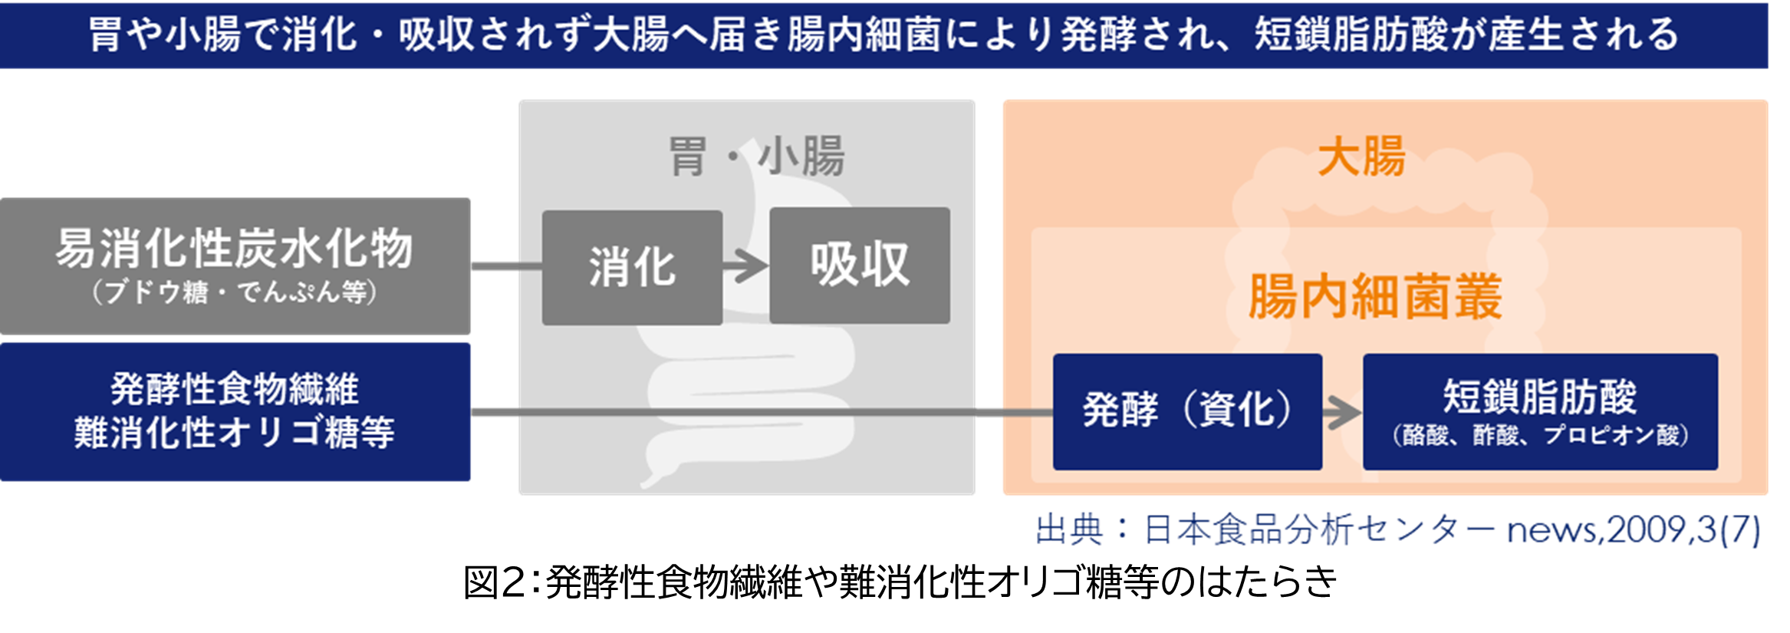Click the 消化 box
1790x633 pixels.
[x=632, y=267]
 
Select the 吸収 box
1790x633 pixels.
[x=859, y=265]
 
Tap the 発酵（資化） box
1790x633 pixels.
[x=1186, y=411]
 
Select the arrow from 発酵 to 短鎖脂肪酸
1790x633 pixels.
[x=1342, y=413]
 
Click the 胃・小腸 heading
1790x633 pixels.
[x=756, y=157]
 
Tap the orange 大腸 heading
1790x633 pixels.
[x=1361, y=157]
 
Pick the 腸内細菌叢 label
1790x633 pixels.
[x=1374, y=297]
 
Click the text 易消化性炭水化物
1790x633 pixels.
[x=234, y=249]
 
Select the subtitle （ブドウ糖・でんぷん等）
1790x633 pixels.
[x=234, y=292]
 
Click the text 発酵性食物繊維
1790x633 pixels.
[x=234, y=389]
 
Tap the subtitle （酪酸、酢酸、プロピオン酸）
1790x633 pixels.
[x=1540, y=435]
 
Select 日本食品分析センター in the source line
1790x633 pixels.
[x=1319, y=530]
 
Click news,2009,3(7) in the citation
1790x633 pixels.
[x=1634, y=530]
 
